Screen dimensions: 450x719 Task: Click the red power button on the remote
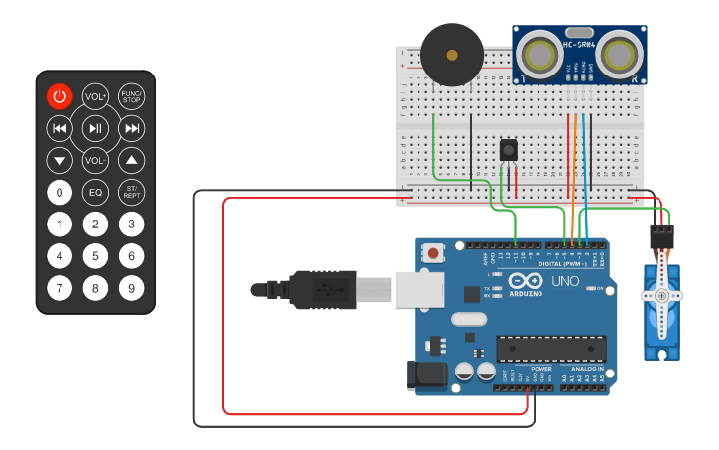click(60, 96)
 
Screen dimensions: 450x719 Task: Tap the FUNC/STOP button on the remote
click(131, 96)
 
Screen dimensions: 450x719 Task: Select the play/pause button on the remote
click(95, 128)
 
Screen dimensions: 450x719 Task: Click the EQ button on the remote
click(95, 192)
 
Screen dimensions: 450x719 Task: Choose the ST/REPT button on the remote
click(131, 192)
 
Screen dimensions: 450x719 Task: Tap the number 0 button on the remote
click(60, 192)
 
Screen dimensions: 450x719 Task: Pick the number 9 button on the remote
click(131, 288)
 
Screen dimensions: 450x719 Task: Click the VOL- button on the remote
click(95, 160)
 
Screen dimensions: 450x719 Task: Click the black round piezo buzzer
click(452, 56)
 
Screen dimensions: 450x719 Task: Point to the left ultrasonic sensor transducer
click(542, 52)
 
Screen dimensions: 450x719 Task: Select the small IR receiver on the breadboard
click(509, 150)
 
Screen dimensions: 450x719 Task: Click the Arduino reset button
click(433, 254)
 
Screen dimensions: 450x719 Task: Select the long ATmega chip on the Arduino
click(550, 349)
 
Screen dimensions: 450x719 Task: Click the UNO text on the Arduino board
click(564, 281)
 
